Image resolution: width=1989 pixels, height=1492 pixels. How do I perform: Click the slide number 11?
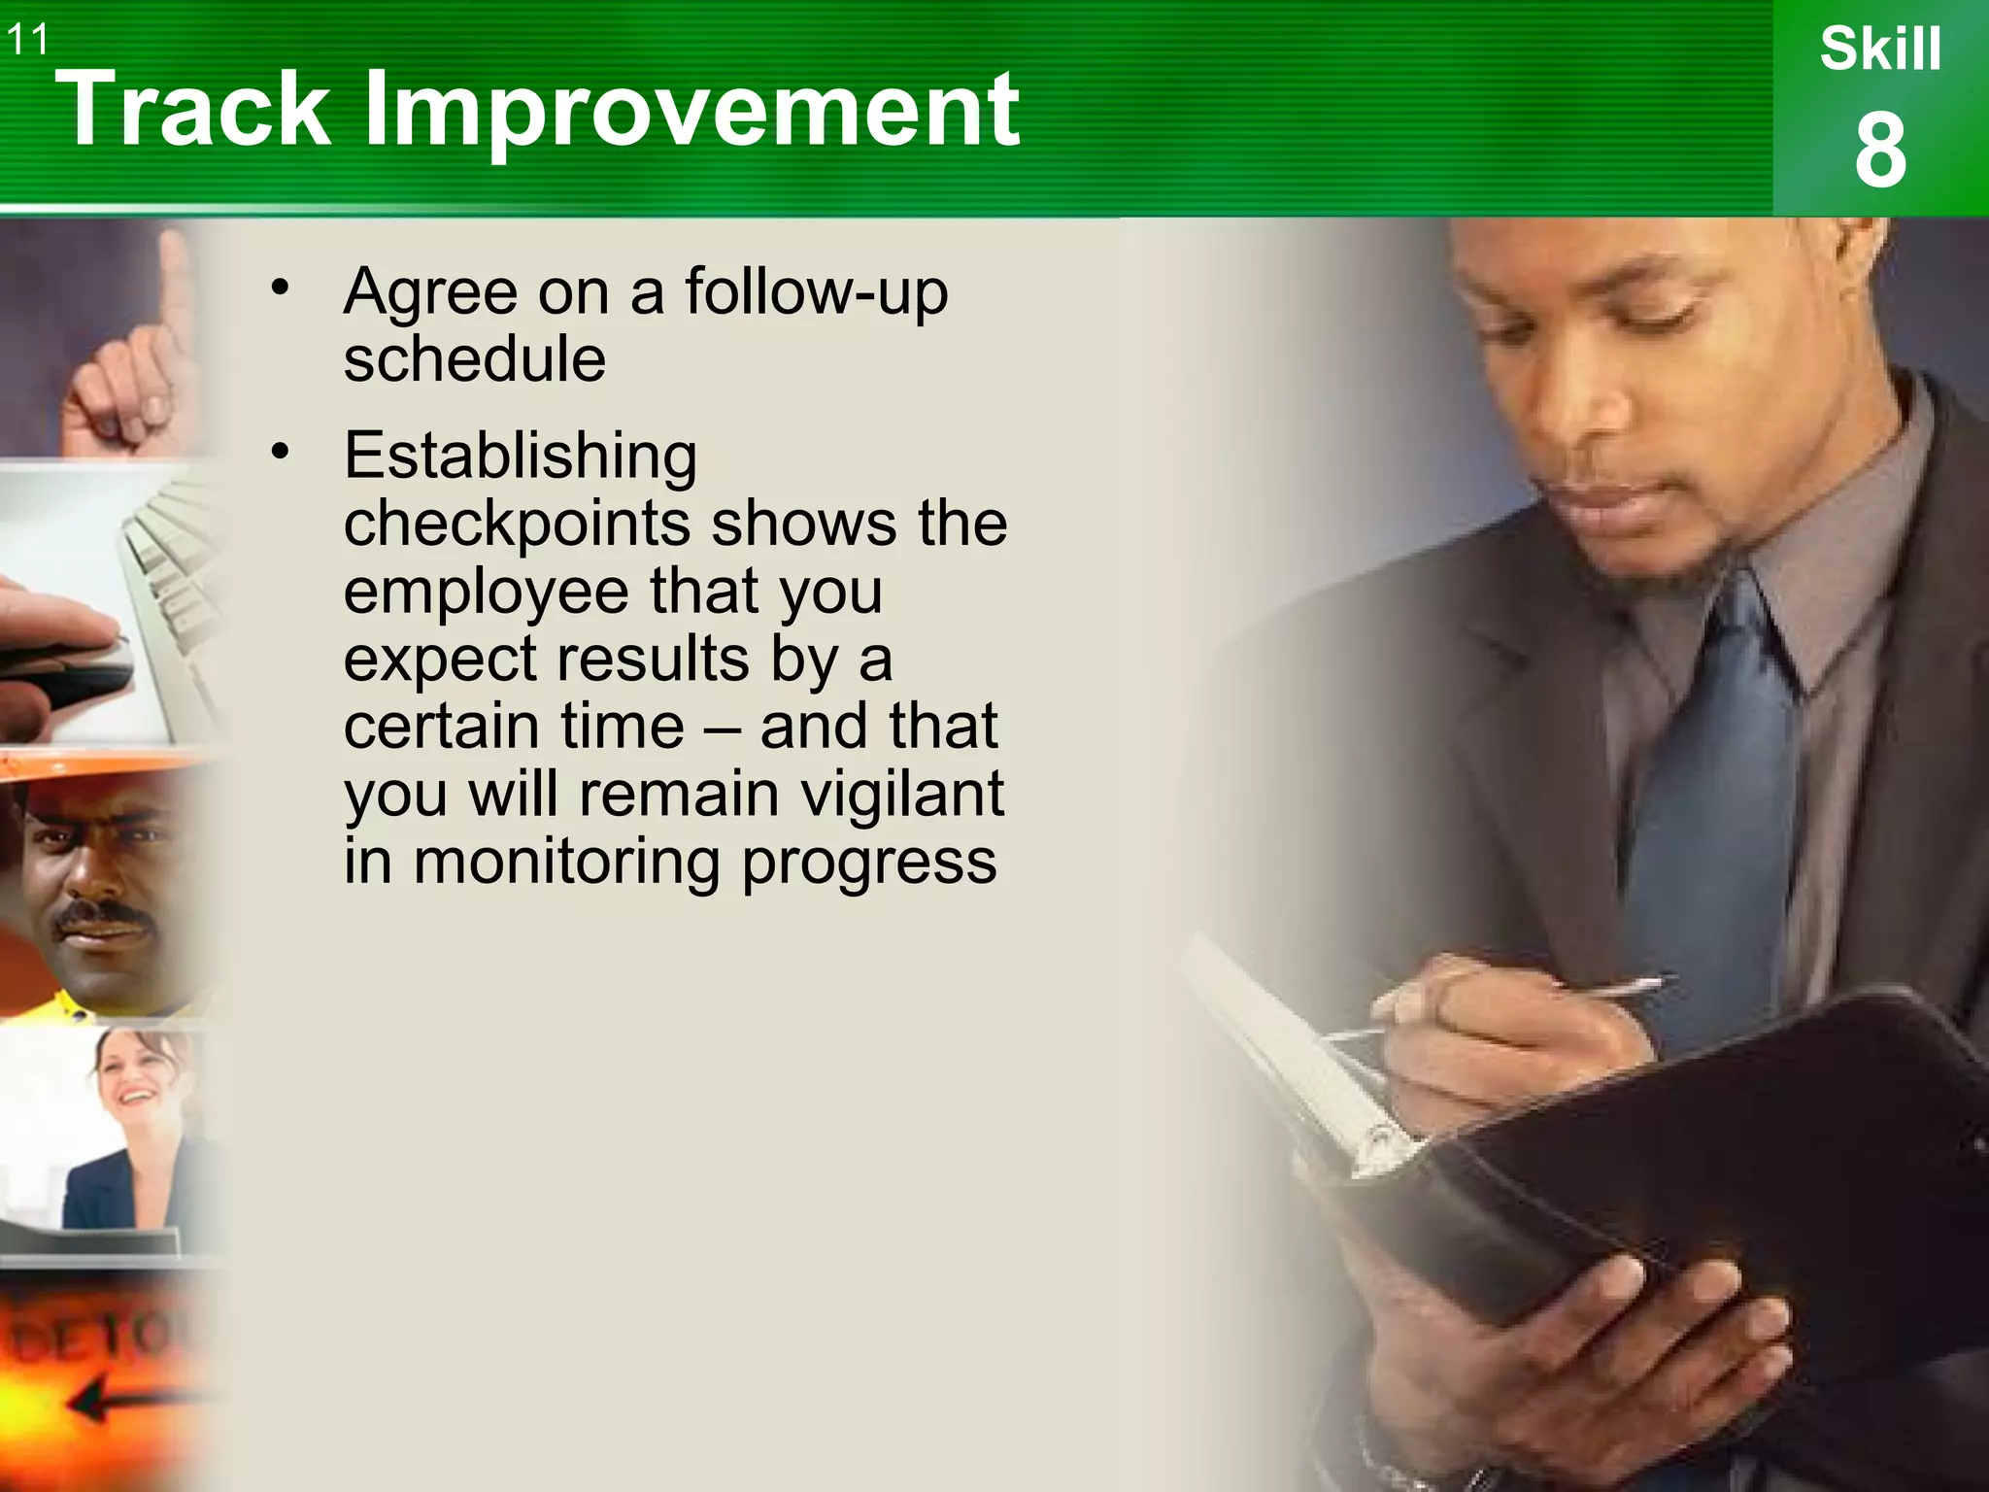click(x=27, y=40)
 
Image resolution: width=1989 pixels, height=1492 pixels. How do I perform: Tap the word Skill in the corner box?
click(x=1880, y=50)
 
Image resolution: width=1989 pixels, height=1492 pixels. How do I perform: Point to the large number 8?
click(x=1880, y=151)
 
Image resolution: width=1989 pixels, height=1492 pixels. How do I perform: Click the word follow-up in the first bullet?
click(x=816, y=290)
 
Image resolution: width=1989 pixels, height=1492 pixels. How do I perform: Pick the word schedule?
click(x=475, y=358)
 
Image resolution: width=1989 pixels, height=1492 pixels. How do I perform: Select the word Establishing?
click(x=521, y=456)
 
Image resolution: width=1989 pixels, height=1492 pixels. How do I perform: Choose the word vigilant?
click(x=902, y=794)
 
